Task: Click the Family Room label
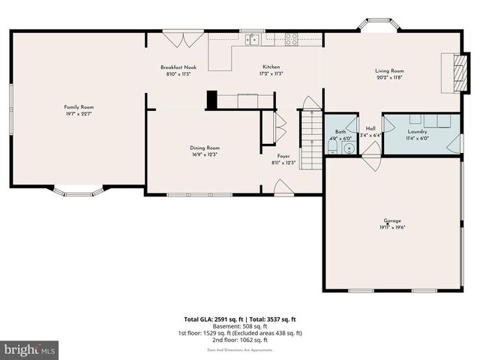click(79, 107)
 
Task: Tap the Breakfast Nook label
click(177, 67)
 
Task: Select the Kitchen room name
click(271, 67)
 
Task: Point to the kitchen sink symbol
click(253, 40)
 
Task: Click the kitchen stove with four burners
click(291, 40)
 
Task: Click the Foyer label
click(283, 156)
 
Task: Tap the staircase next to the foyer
click(310, 139)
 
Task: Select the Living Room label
click(389, 70)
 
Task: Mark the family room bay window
click(78, 191)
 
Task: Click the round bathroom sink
click(348, 148)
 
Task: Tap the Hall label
click(370, 128)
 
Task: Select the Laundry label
click(417, 131)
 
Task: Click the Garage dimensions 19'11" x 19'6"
click(392, 227)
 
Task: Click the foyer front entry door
click(283, 188)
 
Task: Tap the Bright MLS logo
click(30, 349)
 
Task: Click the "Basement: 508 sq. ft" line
click(240, 326)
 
